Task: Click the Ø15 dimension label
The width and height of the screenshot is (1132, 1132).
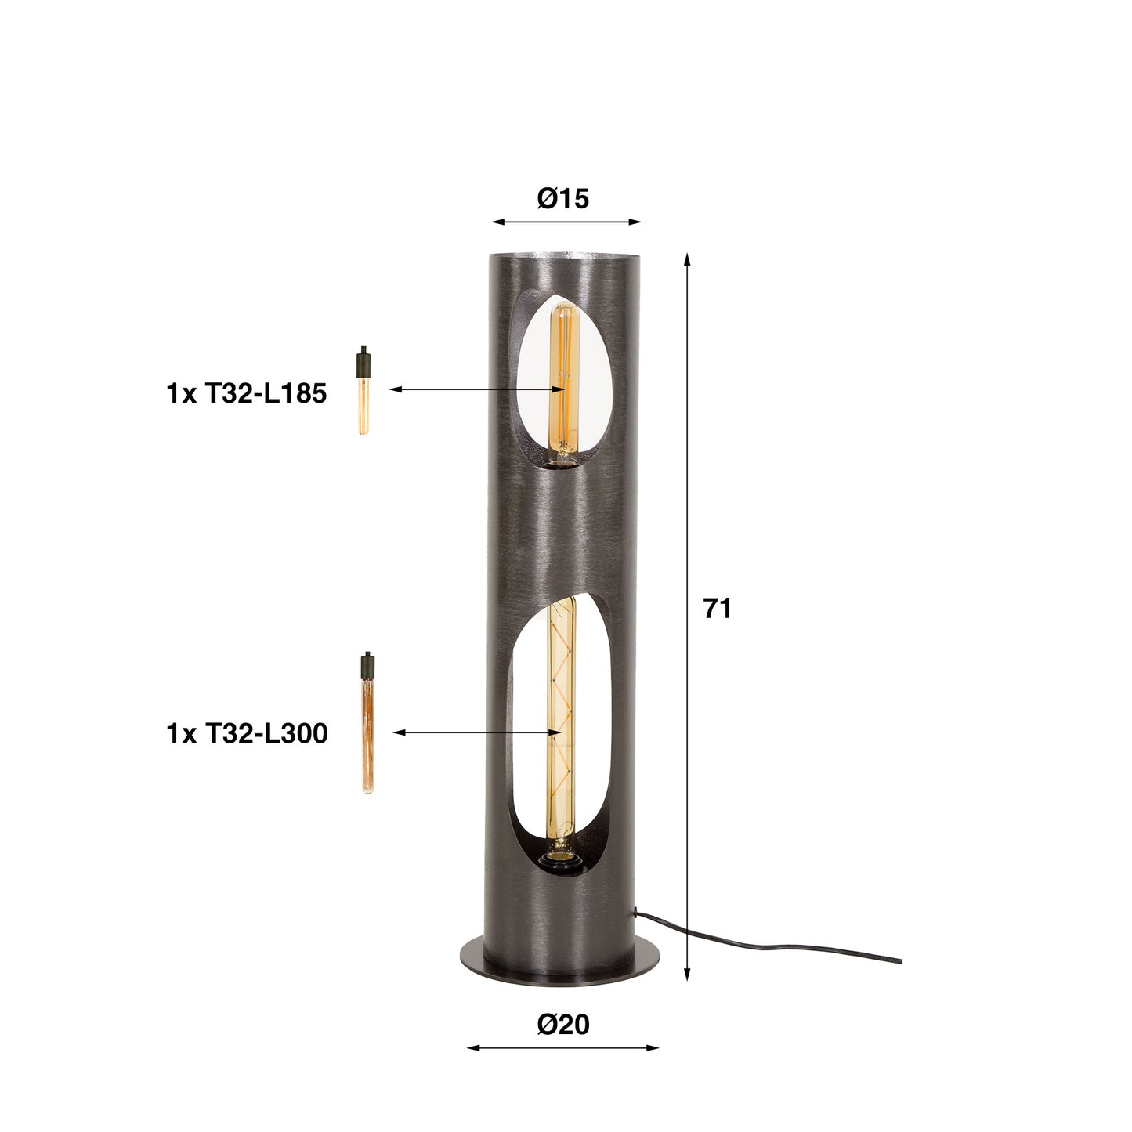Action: pyautogui.click(x=562, y=199)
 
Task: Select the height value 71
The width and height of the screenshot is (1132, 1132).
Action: pyautogui.click(x=717, y=608)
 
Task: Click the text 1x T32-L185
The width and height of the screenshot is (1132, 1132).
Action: pyautogui.click(x=246, y=393)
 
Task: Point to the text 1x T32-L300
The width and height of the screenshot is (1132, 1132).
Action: pyautogui.click(x=247, y=733)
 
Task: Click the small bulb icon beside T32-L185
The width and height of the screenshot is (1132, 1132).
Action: pyautogui.click(x=363, y=392)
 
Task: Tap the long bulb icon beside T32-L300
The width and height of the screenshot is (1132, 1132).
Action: pyautogui.click(x=367, y=724)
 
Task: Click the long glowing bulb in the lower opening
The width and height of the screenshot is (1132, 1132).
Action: pyautogui.click(x=559, y=721)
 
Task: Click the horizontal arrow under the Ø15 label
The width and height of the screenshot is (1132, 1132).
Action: pyautogui.click(x=566, y=222)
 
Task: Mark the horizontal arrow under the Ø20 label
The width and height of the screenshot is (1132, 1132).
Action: pyautogui.click(x=562, y=1047)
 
